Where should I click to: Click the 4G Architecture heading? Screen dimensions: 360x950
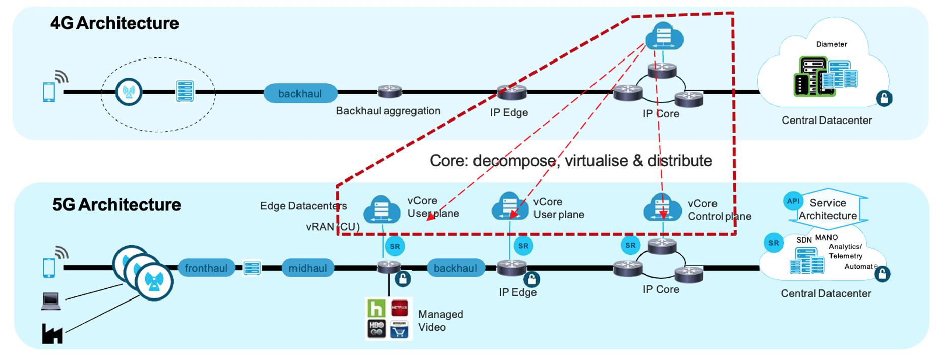click(x=114, y=23)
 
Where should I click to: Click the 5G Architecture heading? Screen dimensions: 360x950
click(x=116, y=205)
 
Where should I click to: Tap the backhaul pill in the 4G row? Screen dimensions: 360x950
click(x=300, y=94)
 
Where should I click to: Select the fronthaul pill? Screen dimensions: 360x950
click(x=206, y=268)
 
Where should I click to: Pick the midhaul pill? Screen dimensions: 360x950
click(x=308, y=268)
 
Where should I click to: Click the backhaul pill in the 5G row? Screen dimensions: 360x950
click(x=455, y=268)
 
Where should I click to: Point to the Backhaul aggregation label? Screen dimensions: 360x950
click(x=388, y=111)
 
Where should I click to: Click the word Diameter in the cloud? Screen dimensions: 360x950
click(x=832, y=44)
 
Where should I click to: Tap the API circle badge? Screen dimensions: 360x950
click(x=793, y=201)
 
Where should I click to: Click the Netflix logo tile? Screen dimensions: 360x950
click(x=400, y=307)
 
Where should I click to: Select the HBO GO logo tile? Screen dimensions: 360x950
click(x=376, y=329)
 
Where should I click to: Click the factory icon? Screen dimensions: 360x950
click(x=52, y=334)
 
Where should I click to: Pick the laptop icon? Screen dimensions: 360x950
click(x=51, y=301)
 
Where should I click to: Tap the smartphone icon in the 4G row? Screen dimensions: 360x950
click(x=49, y=92)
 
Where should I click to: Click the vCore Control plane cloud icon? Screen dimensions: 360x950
click(x=662, y=208)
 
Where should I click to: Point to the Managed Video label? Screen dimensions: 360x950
click(x=440, y=321)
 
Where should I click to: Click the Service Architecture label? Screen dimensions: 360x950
click(x=827, y=209)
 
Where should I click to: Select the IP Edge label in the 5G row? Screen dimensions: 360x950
click(x=517, y=292)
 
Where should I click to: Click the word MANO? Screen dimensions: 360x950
click(x=826, y=237)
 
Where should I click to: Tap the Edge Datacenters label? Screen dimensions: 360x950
click(x=304, y=206)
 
